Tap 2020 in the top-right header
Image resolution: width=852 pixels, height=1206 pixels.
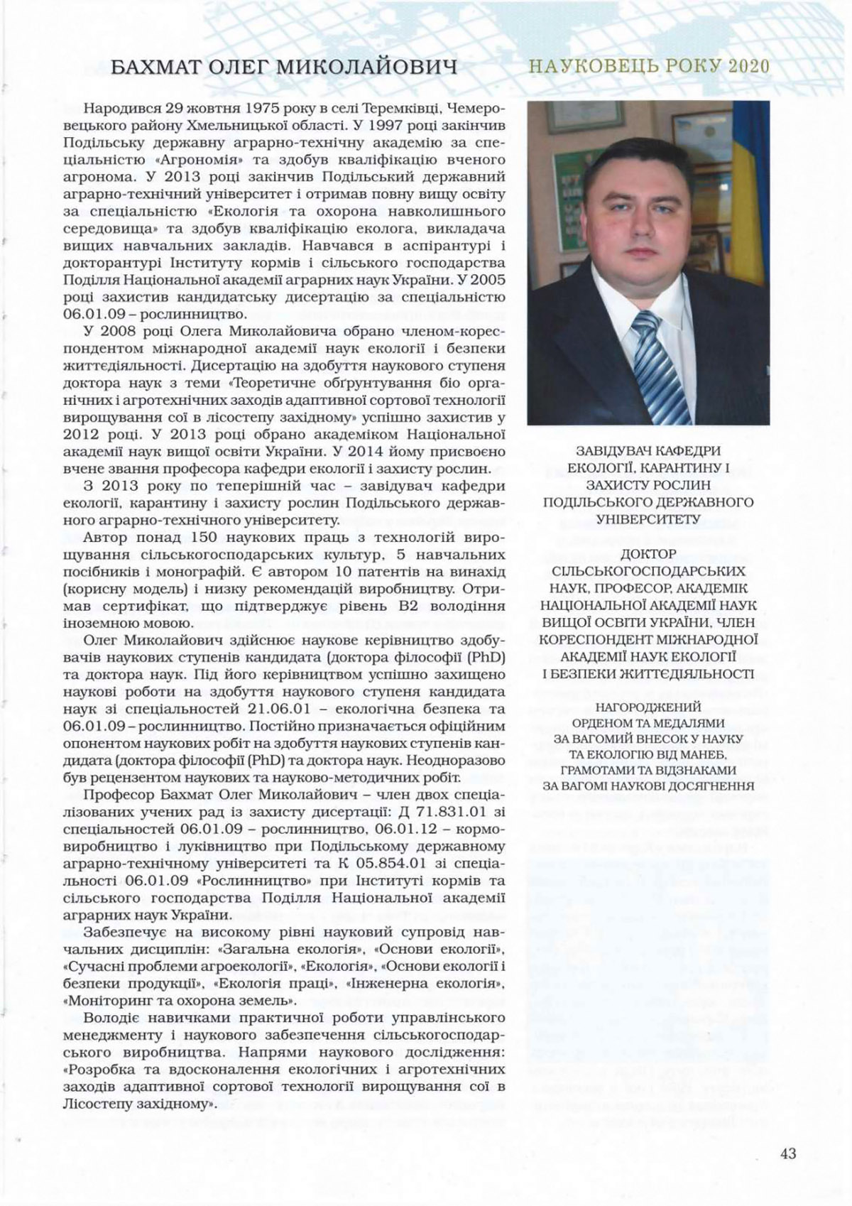[x=747, y=66]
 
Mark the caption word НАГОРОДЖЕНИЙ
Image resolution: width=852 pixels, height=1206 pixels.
[x=648, y=707]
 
